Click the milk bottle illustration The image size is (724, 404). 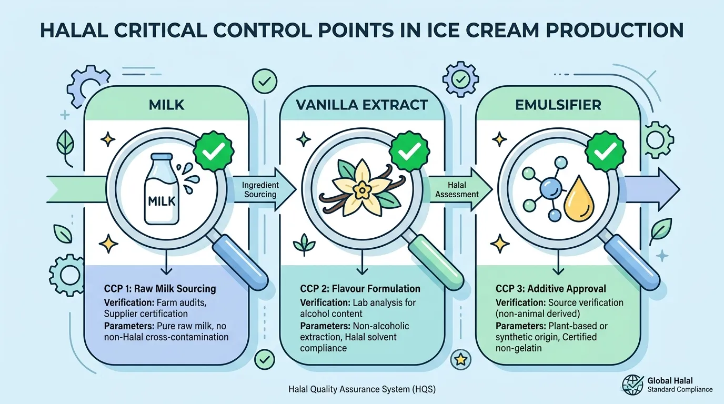(162, 189)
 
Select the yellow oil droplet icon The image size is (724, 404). (579, 199)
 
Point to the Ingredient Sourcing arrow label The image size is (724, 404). (260, 189)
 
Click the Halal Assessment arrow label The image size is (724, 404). (457, 189)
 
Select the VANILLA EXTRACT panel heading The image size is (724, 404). (362, 105)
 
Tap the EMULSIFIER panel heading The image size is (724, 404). (558, 105)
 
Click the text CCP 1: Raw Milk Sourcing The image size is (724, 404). (160, 288)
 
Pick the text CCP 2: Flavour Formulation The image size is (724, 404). (360, 288)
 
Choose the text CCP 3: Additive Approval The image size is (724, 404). (551, 288)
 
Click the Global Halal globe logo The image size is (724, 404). (633, 385)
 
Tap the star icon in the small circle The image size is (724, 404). (460, 359)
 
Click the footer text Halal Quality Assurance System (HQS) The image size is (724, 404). (362, 389)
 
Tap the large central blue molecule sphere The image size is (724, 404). (551, 189)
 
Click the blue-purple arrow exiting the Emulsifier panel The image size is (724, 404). (652, 189)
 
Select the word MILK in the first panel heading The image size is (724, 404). (166, 105)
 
